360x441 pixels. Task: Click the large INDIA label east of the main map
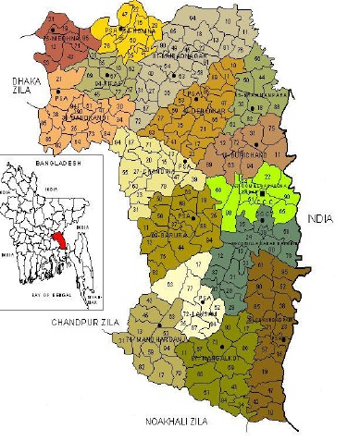pyautogui.click(x=319, y=219)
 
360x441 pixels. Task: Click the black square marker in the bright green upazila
pyautogui.click(x=263, y=191)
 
